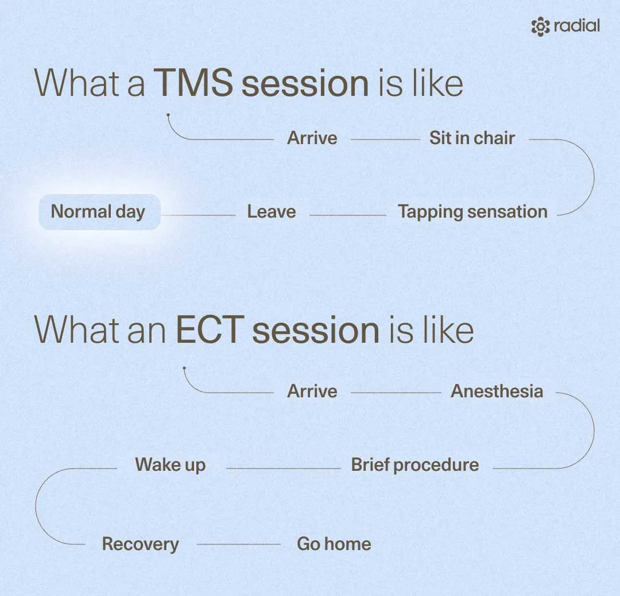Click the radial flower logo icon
(x=541, y=27)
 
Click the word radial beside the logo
(x=577, y=26)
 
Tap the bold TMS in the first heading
(x=193, y=83)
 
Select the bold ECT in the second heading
(x=208, y=330)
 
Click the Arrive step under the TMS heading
(x=312, y=138)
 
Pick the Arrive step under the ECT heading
(x=312, y=391)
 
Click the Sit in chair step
(x=472, y=138)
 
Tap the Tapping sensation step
(x=472, y=212)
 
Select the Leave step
(x=271, y=212)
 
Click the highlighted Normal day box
(x=100, y=212)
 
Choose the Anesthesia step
(x=497, y=391)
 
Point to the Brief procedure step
(x=415, y=465)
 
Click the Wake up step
(x=170, y=465)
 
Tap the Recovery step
(x=141, y=544)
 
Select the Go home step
(x=334, y=544)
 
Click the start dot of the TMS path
(x=168, y=115)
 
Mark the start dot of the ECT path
(x=184, y=368)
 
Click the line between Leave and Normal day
(x=198, y=215)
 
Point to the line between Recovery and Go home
(x=239, y=544)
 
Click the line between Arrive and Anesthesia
(x=396, y=393)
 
